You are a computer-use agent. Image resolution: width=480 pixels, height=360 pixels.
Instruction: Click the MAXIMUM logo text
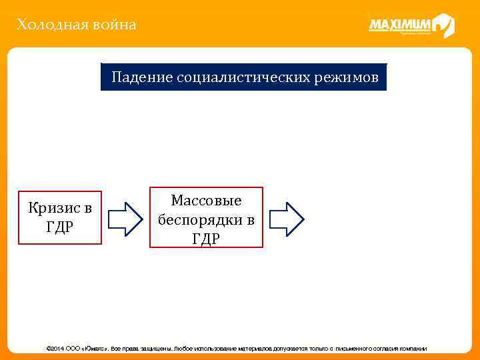[x=400, y=26]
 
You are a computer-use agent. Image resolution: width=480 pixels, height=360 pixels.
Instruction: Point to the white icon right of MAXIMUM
[x=443, y=26]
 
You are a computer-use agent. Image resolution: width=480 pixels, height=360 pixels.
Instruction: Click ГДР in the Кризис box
[x=60, y=227]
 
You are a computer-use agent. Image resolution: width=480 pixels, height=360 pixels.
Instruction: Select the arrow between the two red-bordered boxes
[x=125, y=218]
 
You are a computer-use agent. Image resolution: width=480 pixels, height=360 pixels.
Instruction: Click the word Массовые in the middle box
[x=206, y=201]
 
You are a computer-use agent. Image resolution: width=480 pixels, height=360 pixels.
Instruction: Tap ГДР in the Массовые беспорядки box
[x=206, y=239]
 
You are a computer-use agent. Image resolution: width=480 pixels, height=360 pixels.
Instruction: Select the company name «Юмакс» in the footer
[x=95, y=349]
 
